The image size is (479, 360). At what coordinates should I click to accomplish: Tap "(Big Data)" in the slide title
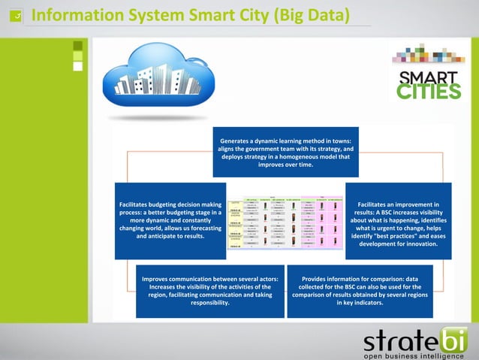pos(312,14)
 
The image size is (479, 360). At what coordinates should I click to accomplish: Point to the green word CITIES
pos(429,92)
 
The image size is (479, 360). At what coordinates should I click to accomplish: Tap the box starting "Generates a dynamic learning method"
pos(285,152)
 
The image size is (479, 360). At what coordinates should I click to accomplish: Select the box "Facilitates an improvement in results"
pos(399,221)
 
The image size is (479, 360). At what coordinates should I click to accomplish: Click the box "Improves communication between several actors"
pos(210,291)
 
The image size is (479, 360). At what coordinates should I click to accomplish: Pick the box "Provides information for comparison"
pos(360,291)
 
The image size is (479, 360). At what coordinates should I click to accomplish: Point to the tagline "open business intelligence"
pos(414,355)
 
